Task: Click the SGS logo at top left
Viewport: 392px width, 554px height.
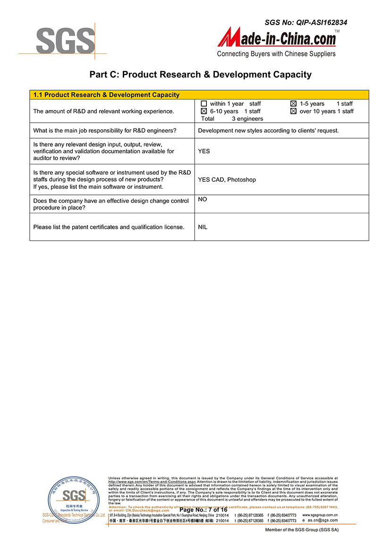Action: point(66,41)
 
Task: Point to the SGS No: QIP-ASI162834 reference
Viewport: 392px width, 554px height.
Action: point(306,22)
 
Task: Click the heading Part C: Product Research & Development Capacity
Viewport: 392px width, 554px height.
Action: point(200,75)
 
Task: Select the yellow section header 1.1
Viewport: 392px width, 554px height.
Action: point(106,95)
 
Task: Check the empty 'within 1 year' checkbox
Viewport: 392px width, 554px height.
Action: point(204,104)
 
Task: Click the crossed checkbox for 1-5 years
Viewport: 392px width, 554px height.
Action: point(293,104)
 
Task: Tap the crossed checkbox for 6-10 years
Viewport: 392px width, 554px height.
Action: point(204,111)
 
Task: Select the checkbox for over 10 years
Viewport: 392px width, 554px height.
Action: point(293,111)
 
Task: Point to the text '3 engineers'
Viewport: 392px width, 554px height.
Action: point(247,119)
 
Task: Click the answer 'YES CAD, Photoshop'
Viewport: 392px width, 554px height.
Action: point(227,180)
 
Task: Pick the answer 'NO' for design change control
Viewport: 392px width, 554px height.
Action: point(203,200)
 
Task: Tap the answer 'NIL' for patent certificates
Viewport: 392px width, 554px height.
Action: point(203,227)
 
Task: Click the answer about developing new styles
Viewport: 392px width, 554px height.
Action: point(268,131)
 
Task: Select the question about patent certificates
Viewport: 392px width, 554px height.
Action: point(109,227)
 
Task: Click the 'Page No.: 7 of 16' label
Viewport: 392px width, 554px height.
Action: point(204,510)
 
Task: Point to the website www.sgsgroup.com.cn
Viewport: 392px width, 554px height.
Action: point(320,515)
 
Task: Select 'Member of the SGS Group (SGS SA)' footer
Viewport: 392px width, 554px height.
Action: point(302,530)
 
